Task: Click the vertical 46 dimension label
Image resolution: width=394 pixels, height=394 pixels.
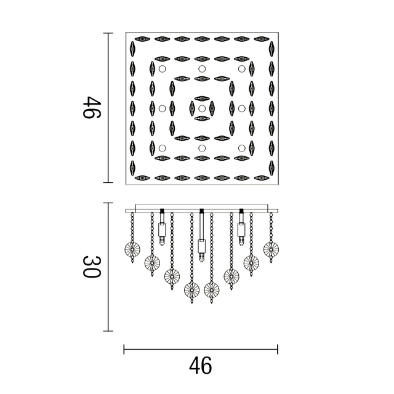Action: pyautogui.click(x=92, y=108)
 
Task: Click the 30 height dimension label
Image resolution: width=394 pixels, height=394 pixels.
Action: pyautogui.click(x=92, y=267)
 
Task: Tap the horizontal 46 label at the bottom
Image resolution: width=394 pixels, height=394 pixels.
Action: pyautogui.click(x=201, y=365)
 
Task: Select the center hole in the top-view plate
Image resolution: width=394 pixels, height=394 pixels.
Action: pyautogui.click(x=201, y=108)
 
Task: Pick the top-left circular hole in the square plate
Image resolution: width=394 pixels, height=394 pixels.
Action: pyautogui.click(x=161, y=68)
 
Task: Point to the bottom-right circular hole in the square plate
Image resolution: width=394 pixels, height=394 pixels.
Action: pyautogui.click(x=241, y=148)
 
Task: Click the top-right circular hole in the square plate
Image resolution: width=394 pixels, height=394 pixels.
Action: pyautogui.click(x=241, y=68)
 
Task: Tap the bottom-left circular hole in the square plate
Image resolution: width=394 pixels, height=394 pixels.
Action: pyautogui.click(x=161, y=148)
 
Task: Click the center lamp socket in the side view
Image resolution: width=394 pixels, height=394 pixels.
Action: pyautogui.click(x=201, y=246)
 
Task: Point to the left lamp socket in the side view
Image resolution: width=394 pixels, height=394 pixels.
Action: pyautogui.click(x=162, y=230)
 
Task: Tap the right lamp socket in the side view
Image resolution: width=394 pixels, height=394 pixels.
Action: pyautogui.click(x=241, y=230)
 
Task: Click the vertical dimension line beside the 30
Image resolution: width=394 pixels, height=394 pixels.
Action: pyautogui.click(x=110, y=267)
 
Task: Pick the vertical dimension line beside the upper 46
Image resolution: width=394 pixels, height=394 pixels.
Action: pyautogui.click(x=110, y=108)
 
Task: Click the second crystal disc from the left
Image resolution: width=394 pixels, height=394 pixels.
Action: pyautogui.click(x=151, y=263)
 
